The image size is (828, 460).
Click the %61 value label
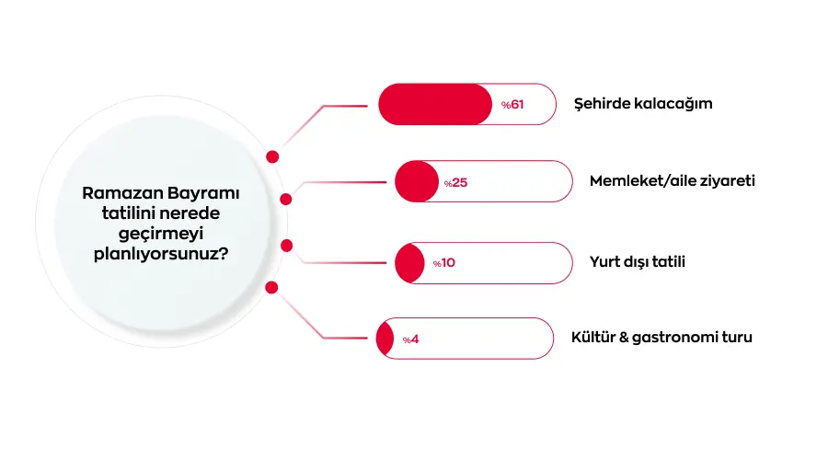pyautogui.click(x=512, y=105)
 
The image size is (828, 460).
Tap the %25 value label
pyautogui.click(x=456, y=182)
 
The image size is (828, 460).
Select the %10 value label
pyautogui.click(x=444, y=263)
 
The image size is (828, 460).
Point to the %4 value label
pyautogui.click(x=410, y=339)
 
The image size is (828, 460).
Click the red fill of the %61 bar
pyautogui.click(x=435, y=104)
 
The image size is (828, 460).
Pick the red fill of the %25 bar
pyautogui.click(x=416, y=181)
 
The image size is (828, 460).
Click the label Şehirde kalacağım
pyautogui.click(x=643, y=104)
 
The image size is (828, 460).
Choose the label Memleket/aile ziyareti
pyautogui.click(x=673, y=181)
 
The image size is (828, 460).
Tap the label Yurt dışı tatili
pyautogui.click(x=638, y=262)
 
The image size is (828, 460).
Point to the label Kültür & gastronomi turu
pyautogui.click(x=661, y=338)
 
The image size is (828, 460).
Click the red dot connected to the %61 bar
pyautogui.click(x=272, y=156)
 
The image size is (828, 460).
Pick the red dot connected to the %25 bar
pyautogui.click(x=285, y=199)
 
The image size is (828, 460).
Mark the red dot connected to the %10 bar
pyautogui.click(x=286, y=246)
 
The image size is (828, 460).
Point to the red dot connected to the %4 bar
pyautogui.click(x=271, y=288)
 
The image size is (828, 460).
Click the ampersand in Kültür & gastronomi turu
pyautogui.click(x=625, y=338)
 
